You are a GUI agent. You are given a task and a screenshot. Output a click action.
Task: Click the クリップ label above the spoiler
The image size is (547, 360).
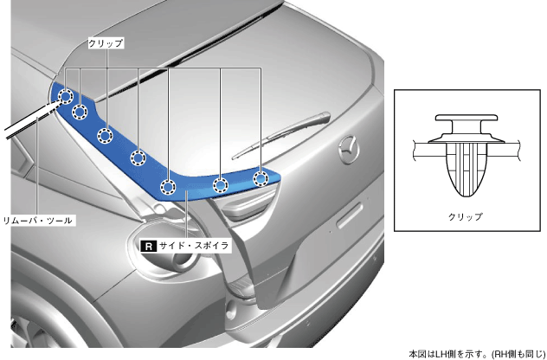[x=106, y=42]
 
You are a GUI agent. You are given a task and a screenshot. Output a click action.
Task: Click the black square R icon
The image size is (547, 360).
[x=148, y=246]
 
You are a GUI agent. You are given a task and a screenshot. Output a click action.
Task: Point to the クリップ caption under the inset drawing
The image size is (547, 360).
[x=467, y=216]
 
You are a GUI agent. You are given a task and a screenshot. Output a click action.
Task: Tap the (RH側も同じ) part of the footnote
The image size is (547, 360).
[x=516, y=352]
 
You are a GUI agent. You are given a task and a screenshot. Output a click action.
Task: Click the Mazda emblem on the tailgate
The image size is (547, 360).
[x=348, y=146]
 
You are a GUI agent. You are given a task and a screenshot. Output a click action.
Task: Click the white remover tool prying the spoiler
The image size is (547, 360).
[x=26, y=121]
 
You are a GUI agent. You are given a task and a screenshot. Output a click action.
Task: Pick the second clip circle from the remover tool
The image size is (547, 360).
[x=80, y=111]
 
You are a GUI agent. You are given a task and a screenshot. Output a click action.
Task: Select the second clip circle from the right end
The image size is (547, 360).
[x=221, y=183]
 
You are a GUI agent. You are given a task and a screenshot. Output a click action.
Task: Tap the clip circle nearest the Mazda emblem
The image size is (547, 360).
[x=260, y=177]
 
